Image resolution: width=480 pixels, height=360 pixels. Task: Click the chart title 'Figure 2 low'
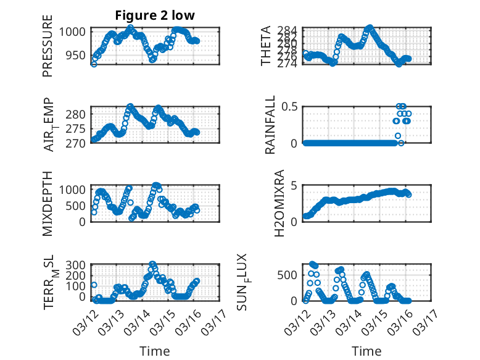[x=155, y=15]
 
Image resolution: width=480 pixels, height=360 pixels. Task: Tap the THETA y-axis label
[x=266, y=46]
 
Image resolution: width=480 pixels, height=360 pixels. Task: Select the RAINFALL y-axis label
[x=270, y=125]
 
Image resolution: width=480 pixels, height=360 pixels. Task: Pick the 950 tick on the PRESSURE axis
[x=77, y=55]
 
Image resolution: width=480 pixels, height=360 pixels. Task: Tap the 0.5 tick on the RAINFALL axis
[x=291, y=106]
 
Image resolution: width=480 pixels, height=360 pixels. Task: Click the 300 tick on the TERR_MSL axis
[x=77, y=265]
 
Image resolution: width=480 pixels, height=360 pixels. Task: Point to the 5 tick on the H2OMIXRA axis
[x=294, y=185]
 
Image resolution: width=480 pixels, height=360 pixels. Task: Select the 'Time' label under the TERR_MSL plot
[x=155, y=351]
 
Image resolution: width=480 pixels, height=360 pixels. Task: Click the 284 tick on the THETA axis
[x=288, y=30]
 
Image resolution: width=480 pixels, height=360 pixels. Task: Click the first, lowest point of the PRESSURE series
[x=94, y=64]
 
